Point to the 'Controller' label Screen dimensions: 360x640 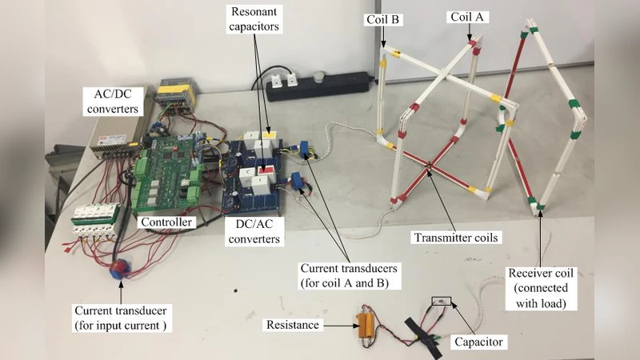[164, 222]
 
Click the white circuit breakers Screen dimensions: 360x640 [97, 224]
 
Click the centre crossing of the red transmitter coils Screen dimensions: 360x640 [430, 166]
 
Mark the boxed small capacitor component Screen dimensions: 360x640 [442, 302]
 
